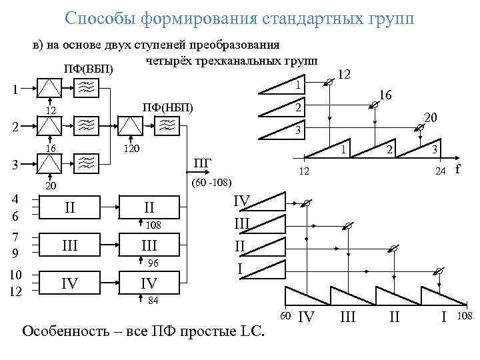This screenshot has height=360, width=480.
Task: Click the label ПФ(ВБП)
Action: coord(89,69)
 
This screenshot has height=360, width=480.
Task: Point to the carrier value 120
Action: coord(131,149)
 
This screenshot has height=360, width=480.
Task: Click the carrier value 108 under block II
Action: coord(153,225)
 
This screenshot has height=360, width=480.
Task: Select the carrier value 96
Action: coord(153,263)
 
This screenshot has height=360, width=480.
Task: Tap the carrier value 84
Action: coord(153,300)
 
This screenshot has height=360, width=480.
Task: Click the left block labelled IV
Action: coord(69,285)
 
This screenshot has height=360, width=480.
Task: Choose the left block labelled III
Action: coord(69,246)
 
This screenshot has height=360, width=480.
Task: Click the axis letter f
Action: coord(457,169)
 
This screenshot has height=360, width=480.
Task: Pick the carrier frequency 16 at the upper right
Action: coord(385,96)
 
